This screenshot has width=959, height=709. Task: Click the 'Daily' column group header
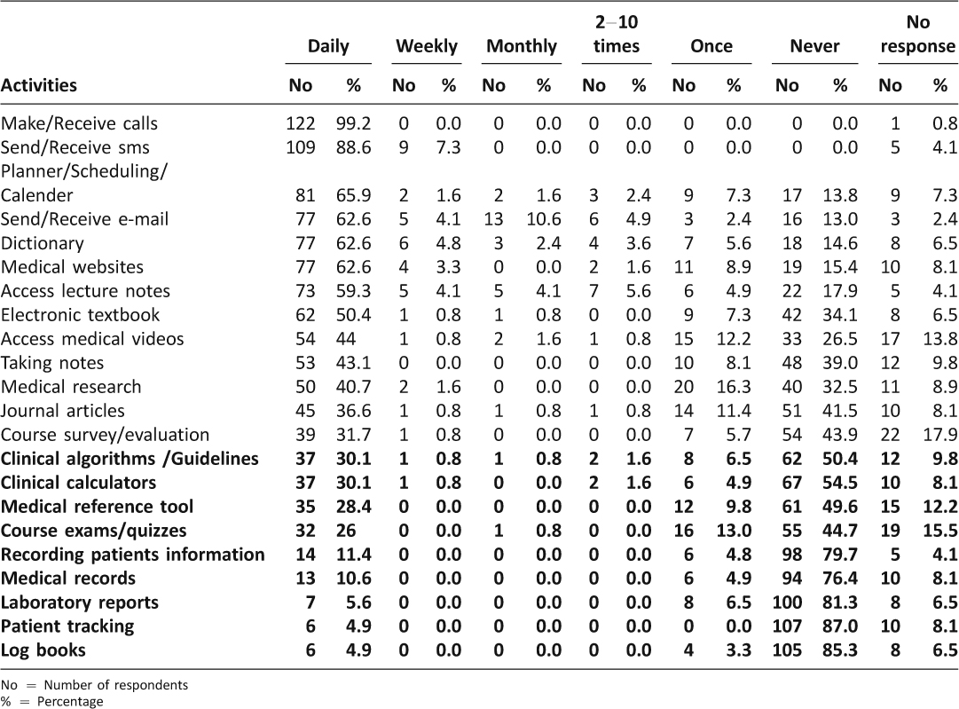(328, 46)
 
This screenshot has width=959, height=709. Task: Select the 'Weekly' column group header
(427, 46)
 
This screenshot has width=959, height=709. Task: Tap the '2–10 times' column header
(617, 35)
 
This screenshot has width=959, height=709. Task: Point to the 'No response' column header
(918, 35)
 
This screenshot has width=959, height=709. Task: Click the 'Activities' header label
(38, 85)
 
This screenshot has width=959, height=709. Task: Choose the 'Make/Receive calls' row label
(79, 123)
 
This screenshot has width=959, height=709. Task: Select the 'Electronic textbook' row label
(80, 315)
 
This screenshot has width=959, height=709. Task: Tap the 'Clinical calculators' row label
(78, 483)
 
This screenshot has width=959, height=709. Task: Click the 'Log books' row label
(43, 650)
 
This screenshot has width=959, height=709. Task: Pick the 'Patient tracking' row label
(67, 626)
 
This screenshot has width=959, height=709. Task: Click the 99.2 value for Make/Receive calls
(353, 123)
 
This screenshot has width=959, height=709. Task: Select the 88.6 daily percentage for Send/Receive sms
(353, 147)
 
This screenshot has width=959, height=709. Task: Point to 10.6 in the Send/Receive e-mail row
(544, 219)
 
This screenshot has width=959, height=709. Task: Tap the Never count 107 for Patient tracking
(787, 626)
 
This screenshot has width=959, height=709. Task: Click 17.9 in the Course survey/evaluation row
(940, 435)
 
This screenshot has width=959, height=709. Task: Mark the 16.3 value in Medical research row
(734, 387)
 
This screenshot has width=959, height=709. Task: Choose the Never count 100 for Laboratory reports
(787, 603)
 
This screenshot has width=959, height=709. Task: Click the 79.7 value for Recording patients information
(840, 555)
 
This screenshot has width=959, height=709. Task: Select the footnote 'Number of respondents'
(116, 685)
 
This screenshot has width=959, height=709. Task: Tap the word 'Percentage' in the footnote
(70, 702)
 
